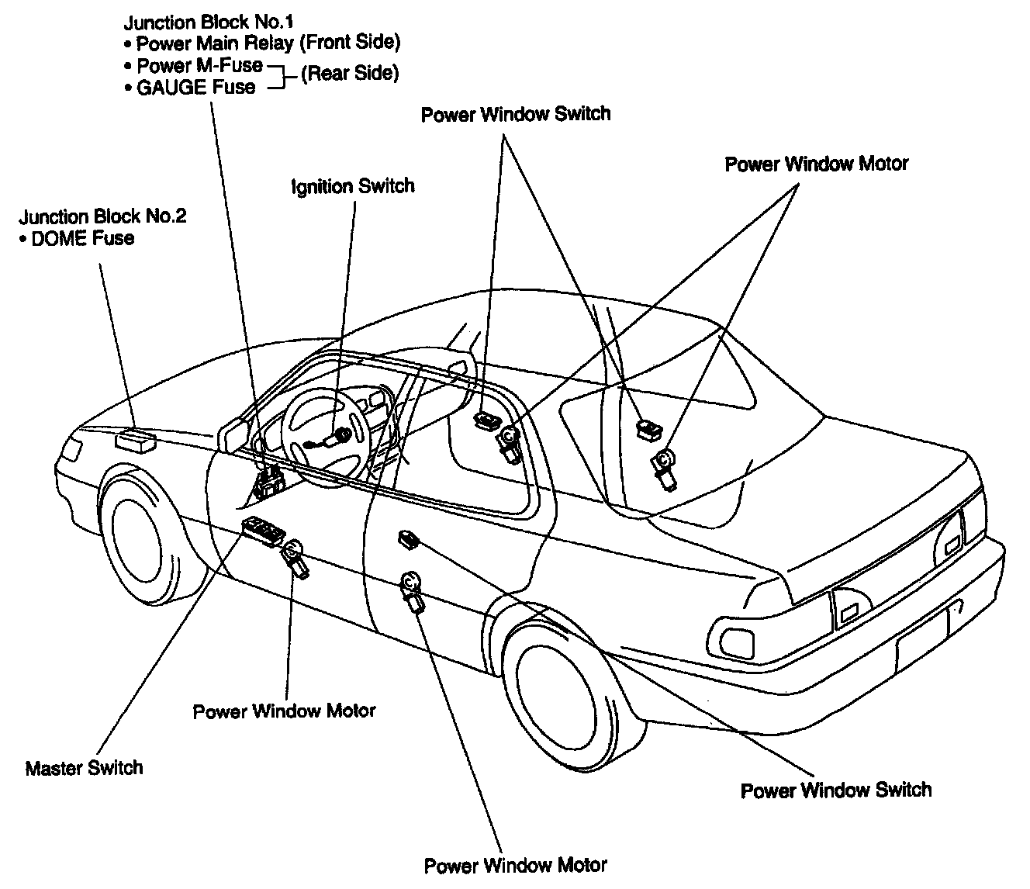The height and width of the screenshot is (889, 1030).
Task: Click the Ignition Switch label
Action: [353, 187]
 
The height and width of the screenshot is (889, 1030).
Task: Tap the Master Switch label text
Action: [85, 768]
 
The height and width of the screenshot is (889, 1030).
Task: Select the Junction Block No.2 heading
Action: [103, 216]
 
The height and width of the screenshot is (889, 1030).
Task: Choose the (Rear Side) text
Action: [349, 74]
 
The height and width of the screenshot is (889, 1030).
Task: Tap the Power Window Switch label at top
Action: [516, 115]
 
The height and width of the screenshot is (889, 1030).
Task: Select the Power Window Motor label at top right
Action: [816, 164]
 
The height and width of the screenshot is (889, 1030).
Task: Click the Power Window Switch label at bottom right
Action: [836, 790]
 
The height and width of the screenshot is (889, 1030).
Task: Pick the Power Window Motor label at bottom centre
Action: [516, 865]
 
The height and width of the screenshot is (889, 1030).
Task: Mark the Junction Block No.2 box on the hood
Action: [134, 439]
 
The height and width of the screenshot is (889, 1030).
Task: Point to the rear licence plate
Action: [923, 635]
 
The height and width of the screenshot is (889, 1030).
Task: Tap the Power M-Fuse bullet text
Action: [199, 65]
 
